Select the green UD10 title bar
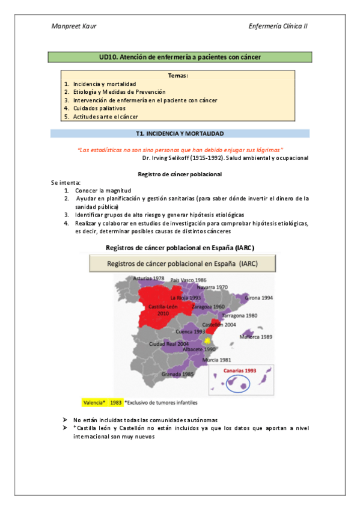coord(180,57)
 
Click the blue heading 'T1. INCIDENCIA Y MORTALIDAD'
coord(180,133)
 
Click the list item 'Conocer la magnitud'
coord(103,190)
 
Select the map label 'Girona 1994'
coord(260,297)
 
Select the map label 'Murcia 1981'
coord(218,360)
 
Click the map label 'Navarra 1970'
coord(214,287)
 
